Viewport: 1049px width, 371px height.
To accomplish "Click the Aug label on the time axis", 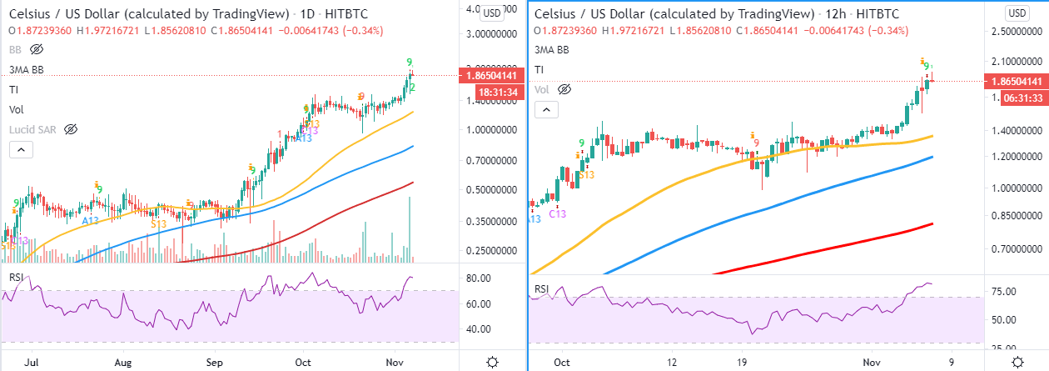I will point(122,363).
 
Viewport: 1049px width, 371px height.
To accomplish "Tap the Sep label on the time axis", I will point(215,363).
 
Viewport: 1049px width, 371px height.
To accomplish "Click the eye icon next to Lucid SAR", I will point(71,130).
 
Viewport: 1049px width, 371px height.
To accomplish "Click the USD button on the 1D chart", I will point(493,13).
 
